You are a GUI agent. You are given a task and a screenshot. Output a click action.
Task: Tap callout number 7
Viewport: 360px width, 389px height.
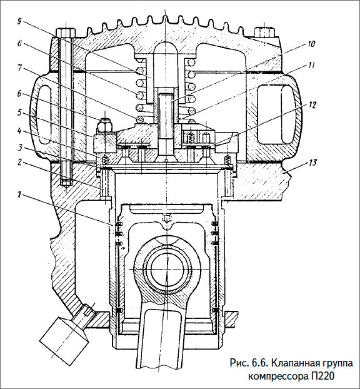tap(20, 67)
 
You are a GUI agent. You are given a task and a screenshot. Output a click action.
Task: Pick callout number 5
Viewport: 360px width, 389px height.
tap(20, 114)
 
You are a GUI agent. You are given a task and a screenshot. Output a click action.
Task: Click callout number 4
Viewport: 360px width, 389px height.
tap(20, 131)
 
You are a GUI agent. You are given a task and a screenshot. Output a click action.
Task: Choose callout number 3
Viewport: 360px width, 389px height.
tap(20, 148)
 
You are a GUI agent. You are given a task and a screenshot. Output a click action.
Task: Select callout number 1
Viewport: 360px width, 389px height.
tap(20, 195)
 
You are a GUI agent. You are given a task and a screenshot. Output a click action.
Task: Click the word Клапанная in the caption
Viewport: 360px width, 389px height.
tap(291, 363)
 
